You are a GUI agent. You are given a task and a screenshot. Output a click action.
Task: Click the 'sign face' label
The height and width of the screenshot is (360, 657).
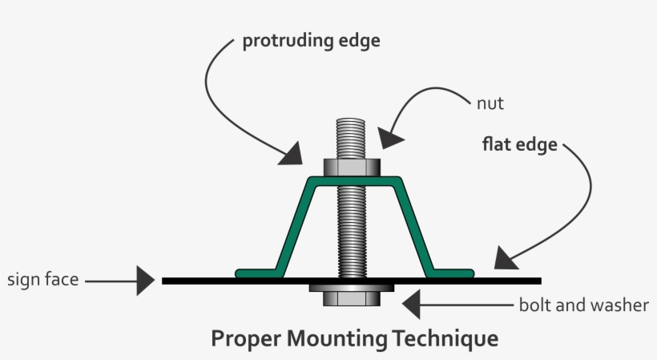pyautogui.click(x=42, y=280)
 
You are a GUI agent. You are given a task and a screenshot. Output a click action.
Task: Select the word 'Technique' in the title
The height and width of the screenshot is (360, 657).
pyautogui.click(x=445, y=338)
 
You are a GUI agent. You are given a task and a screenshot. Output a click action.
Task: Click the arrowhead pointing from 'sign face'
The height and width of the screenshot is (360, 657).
pyautogui.click(x=145, y=281)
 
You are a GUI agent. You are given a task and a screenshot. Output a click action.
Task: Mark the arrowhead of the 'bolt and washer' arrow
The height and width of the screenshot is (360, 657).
pyautogui.click(x=411, y=305)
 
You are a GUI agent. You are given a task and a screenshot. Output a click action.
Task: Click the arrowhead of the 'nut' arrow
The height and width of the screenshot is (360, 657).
pyautogui.click(x=391, y=136)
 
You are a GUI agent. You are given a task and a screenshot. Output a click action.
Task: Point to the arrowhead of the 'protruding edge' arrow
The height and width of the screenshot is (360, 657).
pyautogui.click(x=290, y=152)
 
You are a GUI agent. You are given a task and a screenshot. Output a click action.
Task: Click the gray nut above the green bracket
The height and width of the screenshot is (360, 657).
pyautogui.click(x=351, y=168)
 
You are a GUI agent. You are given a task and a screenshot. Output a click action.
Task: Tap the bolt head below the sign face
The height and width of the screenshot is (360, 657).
pyautogui.click(x=350, y=299)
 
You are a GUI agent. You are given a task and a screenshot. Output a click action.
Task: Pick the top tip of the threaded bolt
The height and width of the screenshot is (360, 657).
pyautogui.click(x=350, y=120)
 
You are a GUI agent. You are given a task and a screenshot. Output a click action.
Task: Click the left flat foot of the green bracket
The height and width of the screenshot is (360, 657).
pyautogui.click(x=255, y=273)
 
